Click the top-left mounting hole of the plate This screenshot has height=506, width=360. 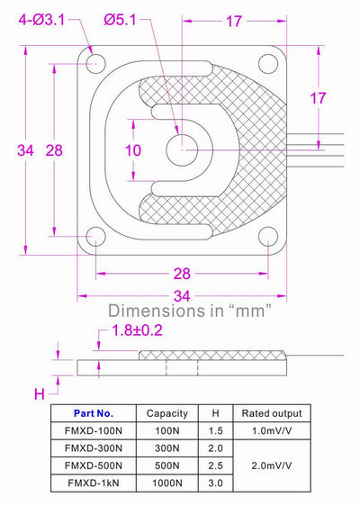point(94,63)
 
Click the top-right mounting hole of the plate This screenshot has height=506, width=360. point(267,63)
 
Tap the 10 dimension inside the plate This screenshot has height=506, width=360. point(133,150)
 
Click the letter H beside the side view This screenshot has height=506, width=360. point(39,393)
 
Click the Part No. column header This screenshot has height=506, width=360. point(94,413)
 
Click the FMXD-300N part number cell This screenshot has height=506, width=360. point(94,448)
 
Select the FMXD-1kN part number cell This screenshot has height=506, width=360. point(94,483)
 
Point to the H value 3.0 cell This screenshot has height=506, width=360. point(215,483)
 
